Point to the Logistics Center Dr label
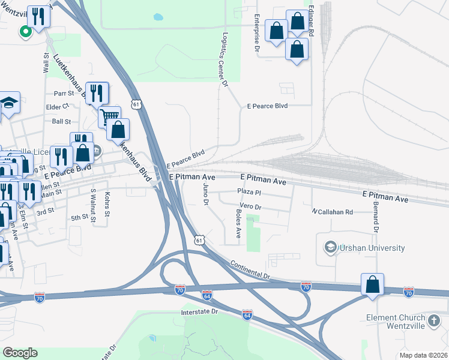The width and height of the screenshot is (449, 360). coord(226,60)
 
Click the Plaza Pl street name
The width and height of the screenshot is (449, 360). coord(249,192)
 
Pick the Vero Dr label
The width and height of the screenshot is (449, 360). coord(250,207)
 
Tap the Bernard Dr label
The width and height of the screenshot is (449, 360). coord(376,221)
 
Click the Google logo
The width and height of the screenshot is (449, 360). coord(20,353)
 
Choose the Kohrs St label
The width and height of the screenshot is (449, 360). coord(107,205)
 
